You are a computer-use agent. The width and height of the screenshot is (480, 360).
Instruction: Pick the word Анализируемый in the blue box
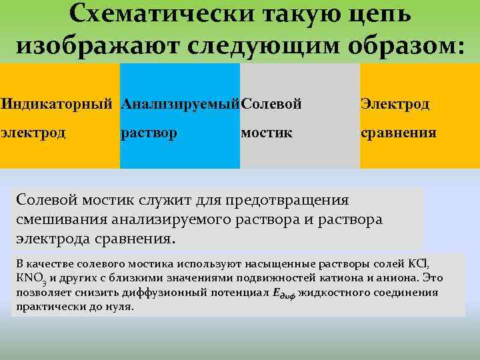click(x=180, y=104)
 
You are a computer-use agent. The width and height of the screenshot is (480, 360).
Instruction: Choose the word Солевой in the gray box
click(x=272, y=104)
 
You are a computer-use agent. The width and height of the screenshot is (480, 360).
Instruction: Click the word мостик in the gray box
click(x=266, y=133)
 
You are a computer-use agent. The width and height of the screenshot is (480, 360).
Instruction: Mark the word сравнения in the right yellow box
click(x=399, y=133)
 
